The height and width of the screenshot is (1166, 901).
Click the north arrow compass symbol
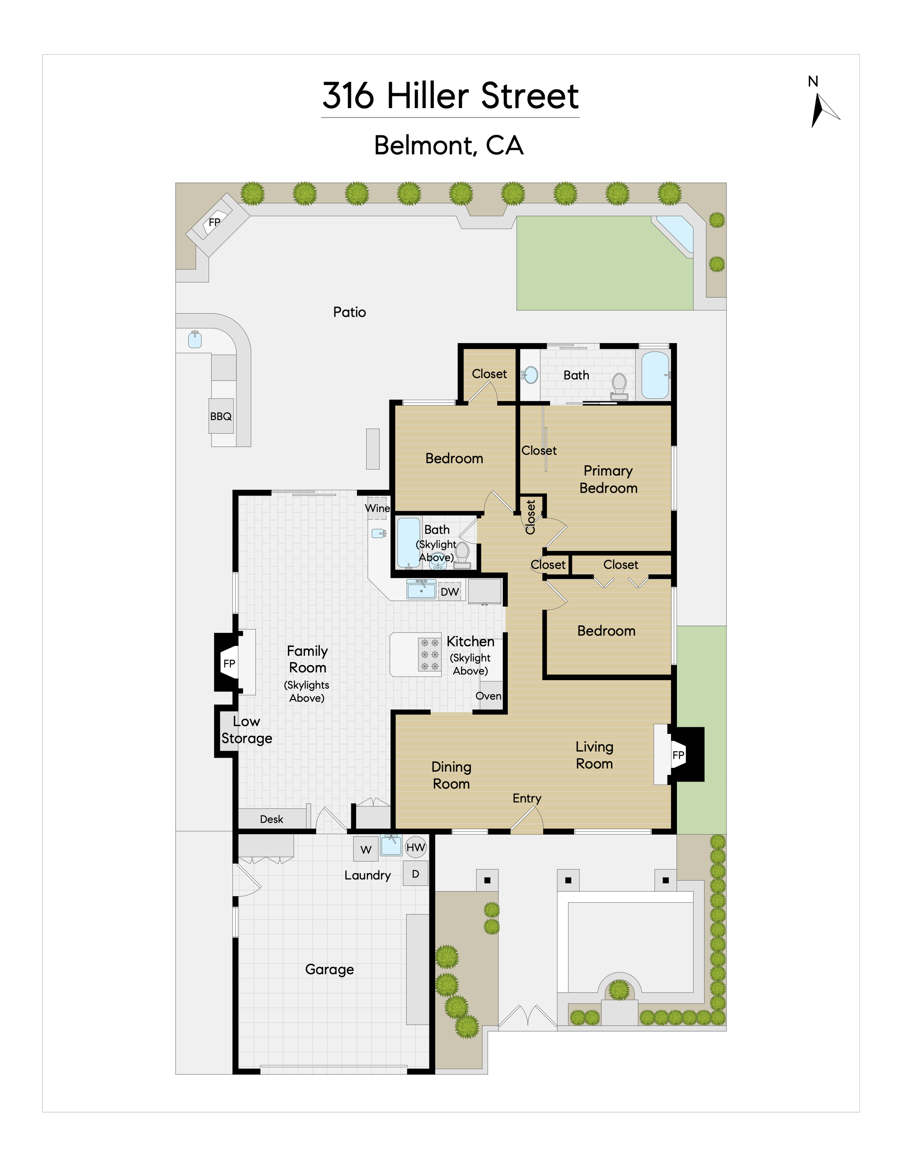(x=822, y=110)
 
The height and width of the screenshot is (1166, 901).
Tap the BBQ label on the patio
(x=221, y=416)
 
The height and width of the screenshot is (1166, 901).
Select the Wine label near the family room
(x=377, y=508)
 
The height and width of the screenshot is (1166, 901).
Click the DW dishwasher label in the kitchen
(x=449, y=591)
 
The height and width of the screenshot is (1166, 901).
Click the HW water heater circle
(x=416, y=847)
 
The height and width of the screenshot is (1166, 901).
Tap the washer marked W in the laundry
(x=366, y=850)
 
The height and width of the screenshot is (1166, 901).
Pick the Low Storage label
(x=247, y=730)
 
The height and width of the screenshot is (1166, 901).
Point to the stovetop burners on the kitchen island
(x=430, y=655)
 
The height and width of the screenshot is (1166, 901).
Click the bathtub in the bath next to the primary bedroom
(x=655, y=375)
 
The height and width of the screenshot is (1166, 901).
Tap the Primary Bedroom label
(x=608, y=479)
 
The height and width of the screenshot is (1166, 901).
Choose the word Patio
(x=350, y=312)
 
